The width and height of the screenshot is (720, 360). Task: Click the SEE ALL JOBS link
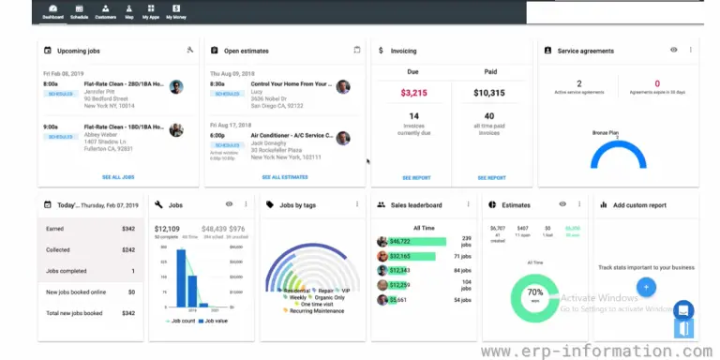pos(117,177)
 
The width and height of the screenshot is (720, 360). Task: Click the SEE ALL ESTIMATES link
pos(284,177)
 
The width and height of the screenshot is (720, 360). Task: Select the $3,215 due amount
pos(413,93)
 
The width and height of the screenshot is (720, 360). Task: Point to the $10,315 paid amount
pos(490,93)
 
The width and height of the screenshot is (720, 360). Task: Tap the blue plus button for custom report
pos(647,288)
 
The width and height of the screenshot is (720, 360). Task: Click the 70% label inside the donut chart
pos(535,292)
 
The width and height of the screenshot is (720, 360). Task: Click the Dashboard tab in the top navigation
pos(53,12)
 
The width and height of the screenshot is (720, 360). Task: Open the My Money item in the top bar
pos(175,12)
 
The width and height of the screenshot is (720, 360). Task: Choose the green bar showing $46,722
pos(412,241)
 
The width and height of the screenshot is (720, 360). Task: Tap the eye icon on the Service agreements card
pos(673,50)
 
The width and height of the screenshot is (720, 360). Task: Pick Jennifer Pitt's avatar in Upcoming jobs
pos(176,86)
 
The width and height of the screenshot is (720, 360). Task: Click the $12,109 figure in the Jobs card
pos(167,228)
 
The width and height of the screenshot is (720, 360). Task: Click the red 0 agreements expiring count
pos(656,83)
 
